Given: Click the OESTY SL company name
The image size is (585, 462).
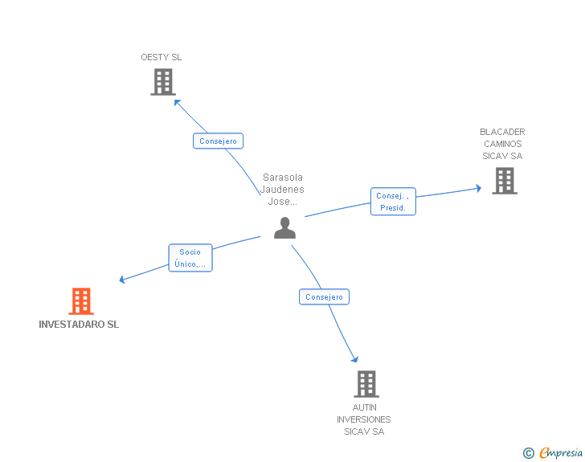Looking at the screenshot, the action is click(x=162, y=57).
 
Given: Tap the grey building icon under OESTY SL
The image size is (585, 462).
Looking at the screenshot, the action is click(x=163, y=82).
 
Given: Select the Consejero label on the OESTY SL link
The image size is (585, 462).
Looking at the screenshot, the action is click(x=218, y=141).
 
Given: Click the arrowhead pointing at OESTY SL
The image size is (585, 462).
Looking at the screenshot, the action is click(x=178, y=102).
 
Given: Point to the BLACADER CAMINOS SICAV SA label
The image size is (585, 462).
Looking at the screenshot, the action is click(x=502, y=144).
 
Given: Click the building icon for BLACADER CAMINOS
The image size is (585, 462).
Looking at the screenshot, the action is click(x=505, y=181).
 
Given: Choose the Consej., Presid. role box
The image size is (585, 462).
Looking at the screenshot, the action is click(x=393, y=202).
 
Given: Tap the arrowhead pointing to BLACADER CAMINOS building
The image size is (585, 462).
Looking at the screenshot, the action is click(x=478, y=188).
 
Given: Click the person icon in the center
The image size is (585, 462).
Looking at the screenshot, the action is click(x=284, y=227).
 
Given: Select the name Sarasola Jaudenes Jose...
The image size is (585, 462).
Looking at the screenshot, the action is click(x=282, y=189).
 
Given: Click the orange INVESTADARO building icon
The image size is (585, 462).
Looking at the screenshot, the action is click(x=81, y=301).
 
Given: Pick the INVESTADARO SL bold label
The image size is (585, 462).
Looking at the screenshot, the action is click(x=79, y=325).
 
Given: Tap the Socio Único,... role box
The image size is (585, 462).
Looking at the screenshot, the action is click(x=190, y=258).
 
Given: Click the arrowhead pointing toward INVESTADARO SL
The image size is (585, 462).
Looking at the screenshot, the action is click(x=122, y=279).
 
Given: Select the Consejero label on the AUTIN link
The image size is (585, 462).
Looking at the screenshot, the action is click(x=324, y=296).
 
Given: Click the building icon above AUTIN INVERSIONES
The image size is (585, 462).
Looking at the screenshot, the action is click(x=366, y=383).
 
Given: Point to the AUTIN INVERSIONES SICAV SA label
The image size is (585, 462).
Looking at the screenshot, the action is click(x=364, y=419).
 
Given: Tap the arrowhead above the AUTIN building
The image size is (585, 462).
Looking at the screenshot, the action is click(x=355, y=359).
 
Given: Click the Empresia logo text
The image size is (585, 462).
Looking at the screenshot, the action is click(x=561, y=452).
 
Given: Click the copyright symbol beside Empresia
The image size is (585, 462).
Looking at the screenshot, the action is click(x=529, y=453).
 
